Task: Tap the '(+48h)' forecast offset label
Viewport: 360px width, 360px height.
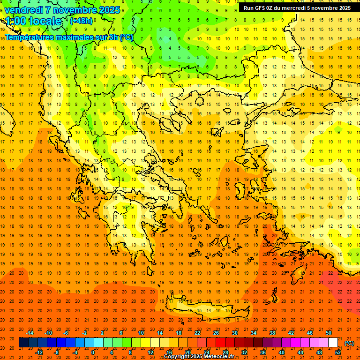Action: click(x=81, y=21)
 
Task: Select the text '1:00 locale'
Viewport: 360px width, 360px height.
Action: click(x=34, y=21)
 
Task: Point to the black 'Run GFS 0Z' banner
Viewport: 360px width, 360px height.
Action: click(x=297, y=7)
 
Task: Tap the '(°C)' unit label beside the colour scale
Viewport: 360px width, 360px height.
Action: click(x=349, y=343)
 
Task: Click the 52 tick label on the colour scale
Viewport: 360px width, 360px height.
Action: click(x=338, y=352)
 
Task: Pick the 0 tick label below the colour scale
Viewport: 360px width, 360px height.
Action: click(x=93, y=352)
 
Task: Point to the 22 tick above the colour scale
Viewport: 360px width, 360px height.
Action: click(x=197, y=333)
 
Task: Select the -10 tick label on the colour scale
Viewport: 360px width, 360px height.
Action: click(x=48, y=333)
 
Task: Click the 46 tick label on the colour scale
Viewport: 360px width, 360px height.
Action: click(x=310, y=333)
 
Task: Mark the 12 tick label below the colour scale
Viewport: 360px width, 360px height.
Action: click(x=150, y=352)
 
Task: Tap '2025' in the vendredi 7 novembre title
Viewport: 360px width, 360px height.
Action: click(x=109, y=9)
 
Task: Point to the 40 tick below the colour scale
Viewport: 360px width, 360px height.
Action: click(x=282, y=352)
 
